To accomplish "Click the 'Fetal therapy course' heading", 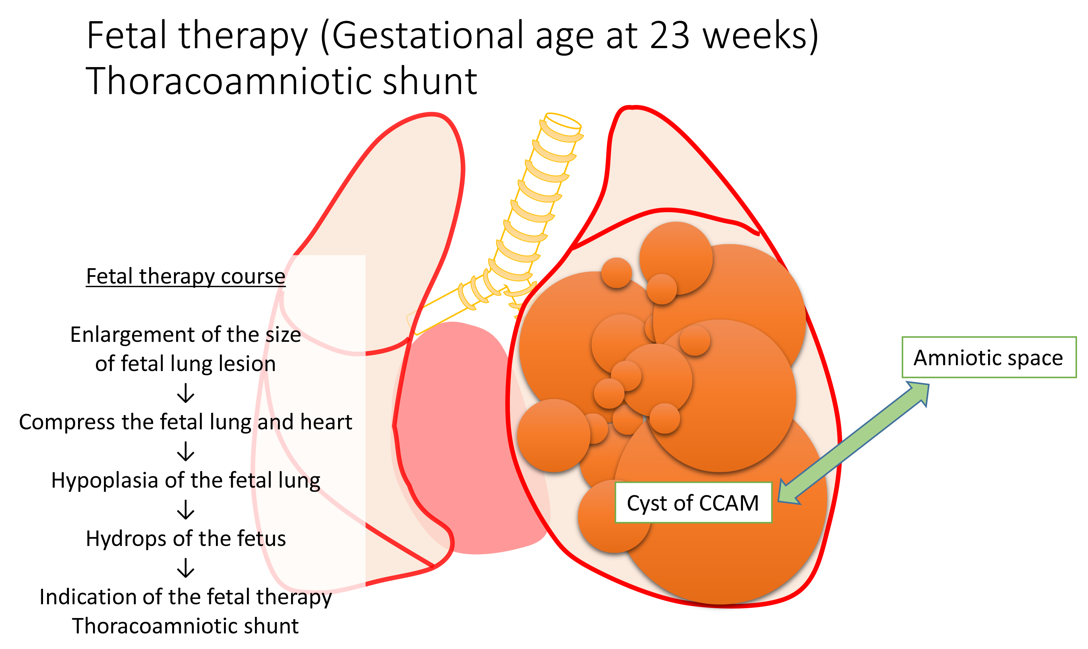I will (x=186, y=276).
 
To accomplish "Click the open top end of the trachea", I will (x=563, y=122).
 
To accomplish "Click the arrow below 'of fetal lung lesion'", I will (x=186, y=393).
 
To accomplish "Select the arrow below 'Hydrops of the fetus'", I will (x=186, y=568).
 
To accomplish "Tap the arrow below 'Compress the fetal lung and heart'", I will (x=186, y=451).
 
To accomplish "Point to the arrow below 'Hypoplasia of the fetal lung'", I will (x=186, y=509).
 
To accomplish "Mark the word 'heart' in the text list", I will (x=329, y=422).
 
